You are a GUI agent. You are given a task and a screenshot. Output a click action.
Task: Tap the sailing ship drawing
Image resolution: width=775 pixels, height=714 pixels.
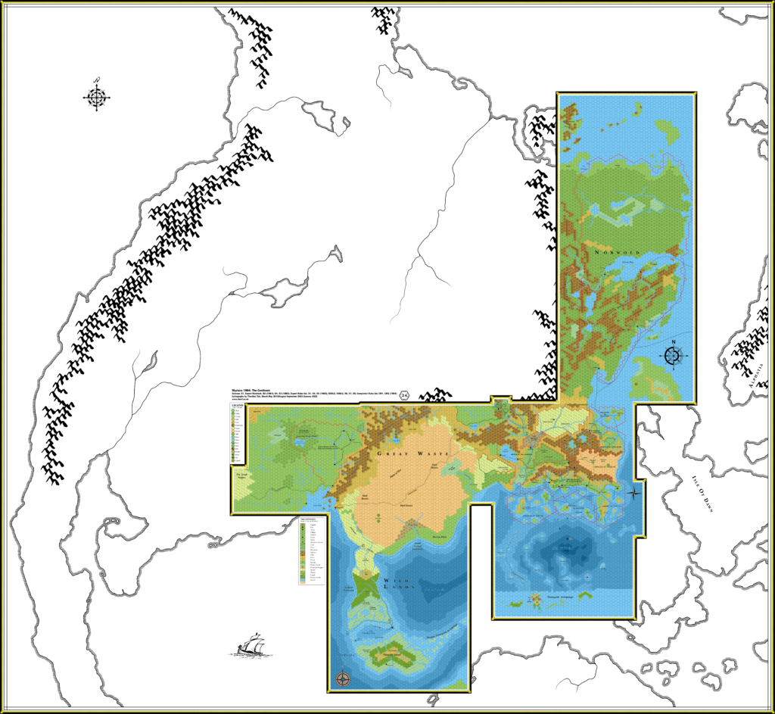pos(250,644)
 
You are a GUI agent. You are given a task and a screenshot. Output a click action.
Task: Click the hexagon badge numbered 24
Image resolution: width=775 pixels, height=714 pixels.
pos(405,395)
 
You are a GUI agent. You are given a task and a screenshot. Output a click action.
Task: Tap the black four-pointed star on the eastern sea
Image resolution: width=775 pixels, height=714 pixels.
pos(633,492)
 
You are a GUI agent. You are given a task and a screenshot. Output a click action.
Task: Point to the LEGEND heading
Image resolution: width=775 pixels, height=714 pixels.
pos(241,408)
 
